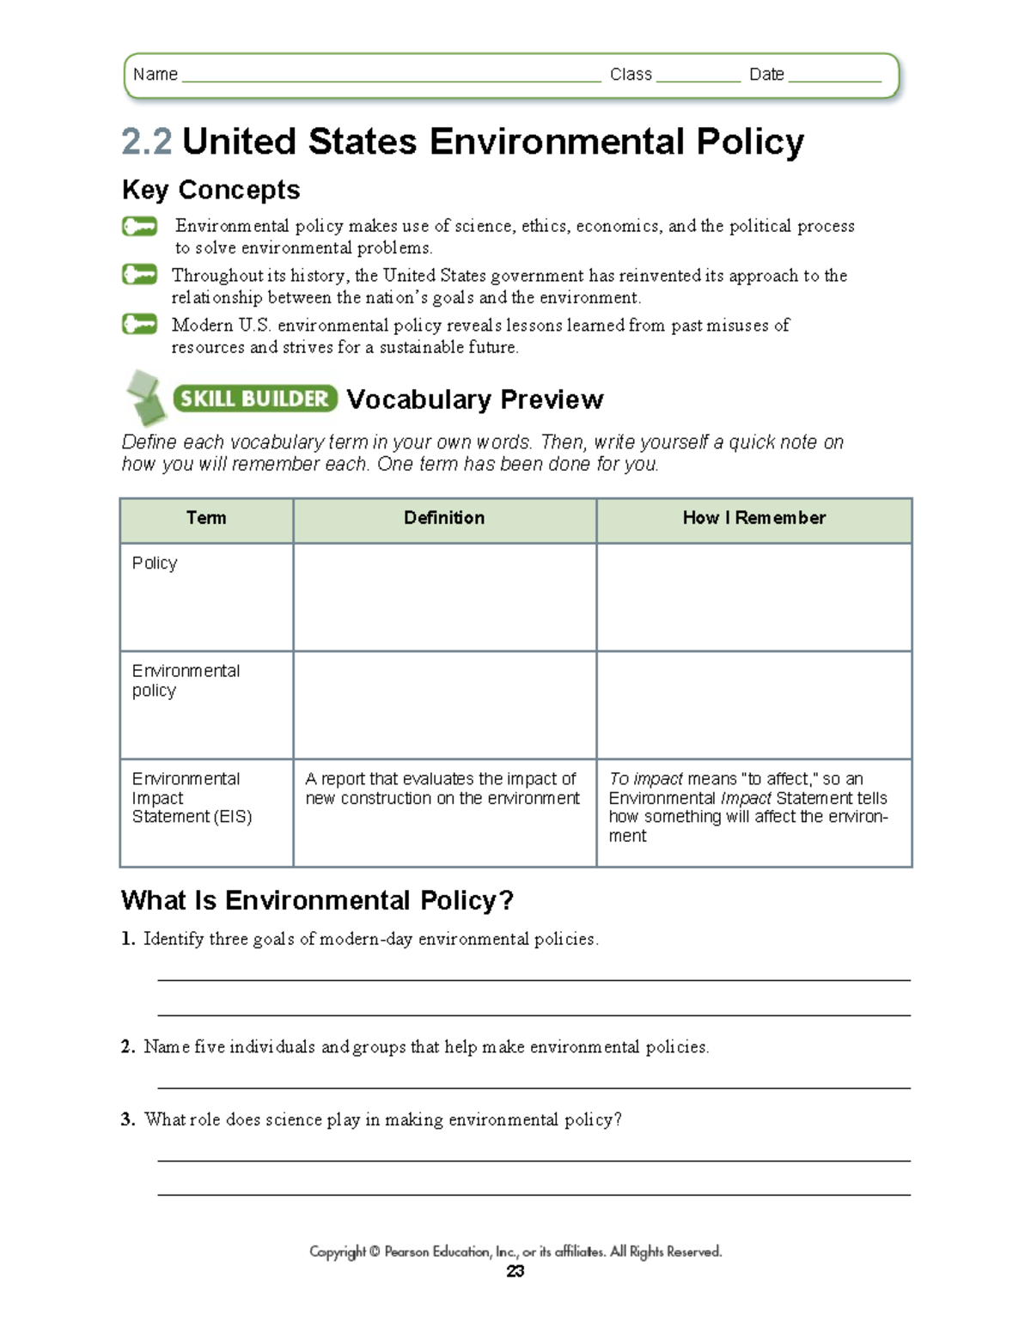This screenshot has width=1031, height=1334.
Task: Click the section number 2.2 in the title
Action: point(147,142)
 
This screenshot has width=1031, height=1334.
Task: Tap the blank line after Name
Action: point(391,77)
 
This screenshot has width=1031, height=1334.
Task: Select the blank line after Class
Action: point(697,77)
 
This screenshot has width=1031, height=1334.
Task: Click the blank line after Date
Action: point(834,77)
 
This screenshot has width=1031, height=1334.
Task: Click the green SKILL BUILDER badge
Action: point(254,399)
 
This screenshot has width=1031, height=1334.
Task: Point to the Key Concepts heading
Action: point(210,190)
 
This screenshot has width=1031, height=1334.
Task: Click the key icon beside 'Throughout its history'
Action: point(139,275)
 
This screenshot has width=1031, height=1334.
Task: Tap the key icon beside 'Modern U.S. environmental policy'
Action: point(139,325)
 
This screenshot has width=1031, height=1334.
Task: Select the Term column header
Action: point(206,518)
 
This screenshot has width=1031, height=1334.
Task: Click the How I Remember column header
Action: point(753,518)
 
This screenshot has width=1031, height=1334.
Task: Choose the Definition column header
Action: point(444,518)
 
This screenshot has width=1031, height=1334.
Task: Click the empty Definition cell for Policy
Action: point(444,597)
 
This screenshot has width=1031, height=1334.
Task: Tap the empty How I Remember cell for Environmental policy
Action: point(753,704)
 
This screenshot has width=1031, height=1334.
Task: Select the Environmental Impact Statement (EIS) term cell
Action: point(192,798)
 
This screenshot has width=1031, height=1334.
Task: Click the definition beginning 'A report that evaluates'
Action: point(442,789)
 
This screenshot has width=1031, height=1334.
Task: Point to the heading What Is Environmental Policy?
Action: point(317,900)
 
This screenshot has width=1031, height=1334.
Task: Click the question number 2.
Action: point(127,1047)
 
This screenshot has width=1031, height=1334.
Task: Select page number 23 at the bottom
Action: point(515,1271)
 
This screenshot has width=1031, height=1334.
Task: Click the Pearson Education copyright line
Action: point(515,1252)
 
